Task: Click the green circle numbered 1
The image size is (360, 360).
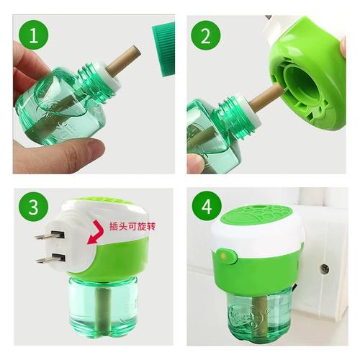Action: pos(34,36)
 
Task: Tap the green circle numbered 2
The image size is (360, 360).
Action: pos(206,35)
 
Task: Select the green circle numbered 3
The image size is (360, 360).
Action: pos(34,207)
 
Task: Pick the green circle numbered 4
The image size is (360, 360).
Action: pos(207,207)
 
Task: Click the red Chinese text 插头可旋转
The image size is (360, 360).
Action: pos(132,227)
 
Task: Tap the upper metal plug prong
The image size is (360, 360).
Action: pos(50,235)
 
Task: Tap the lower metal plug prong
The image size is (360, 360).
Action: pos(50,258)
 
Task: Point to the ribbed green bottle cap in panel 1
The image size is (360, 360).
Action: pos(163,49)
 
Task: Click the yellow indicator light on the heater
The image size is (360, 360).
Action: pos(223,256)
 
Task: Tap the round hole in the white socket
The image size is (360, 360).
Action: pos(325,268)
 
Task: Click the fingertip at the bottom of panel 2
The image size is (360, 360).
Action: pos(196,163)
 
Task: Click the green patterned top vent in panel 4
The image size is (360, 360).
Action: pos(258,213)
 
